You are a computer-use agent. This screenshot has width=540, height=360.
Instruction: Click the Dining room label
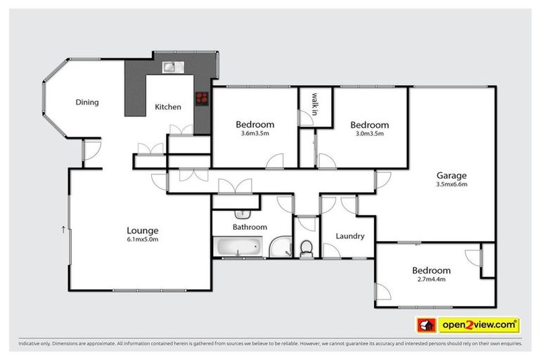[87, 103]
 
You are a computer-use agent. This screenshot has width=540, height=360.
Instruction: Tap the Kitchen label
[168, 108]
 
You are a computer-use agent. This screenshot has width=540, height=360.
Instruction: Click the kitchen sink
[172, 67]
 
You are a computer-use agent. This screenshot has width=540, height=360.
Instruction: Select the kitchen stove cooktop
[203, 98]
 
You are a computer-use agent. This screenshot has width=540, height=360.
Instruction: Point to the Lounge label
[142, 230]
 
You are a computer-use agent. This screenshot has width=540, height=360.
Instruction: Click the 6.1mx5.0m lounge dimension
[142, 239]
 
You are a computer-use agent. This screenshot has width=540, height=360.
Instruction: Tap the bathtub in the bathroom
[239, 247]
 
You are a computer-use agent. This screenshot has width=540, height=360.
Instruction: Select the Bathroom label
[250, 227]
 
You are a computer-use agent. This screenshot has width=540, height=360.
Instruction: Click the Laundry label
[349, 236]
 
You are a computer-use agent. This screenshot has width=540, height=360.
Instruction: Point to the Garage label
[451, 176]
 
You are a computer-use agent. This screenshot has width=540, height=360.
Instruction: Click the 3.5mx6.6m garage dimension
[451, 185]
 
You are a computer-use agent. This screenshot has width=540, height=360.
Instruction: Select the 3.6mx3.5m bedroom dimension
[255, 134]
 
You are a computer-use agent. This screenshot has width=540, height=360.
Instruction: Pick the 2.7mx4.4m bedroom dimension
[430, 280]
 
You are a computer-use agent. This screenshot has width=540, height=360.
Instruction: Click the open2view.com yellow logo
[478, 325]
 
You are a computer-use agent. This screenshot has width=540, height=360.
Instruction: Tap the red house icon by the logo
[425, 325]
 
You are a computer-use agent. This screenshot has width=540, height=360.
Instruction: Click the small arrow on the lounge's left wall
[63, 229]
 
